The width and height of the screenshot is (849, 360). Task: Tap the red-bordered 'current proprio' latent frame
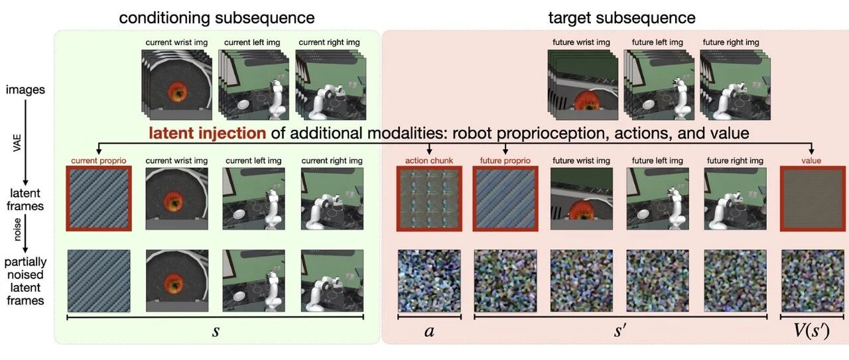coord(98,198)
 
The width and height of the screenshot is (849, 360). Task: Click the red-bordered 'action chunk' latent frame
coord(429,198)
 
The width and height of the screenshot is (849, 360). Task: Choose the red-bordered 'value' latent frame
coord(811,198)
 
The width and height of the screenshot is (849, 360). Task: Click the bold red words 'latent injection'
coord(207,133)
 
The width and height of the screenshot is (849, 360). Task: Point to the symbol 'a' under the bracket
coord(429,331)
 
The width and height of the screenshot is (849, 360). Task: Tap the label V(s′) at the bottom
coord(811,331)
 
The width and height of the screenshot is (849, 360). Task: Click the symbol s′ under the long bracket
coord(620,331)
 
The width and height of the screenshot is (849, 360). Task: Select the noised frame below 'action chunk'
coord(429,280)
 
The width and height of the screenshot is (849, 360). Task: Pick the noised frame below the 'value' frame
coord(811,280)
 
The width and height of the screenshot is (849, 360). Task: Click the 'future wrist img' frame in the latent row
coord(582,198)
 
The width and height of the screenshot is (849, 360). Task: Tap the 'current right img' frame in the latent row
coord(332,198)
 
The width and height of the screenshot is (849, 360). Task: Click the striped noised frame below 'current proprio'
coord(98,280)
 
